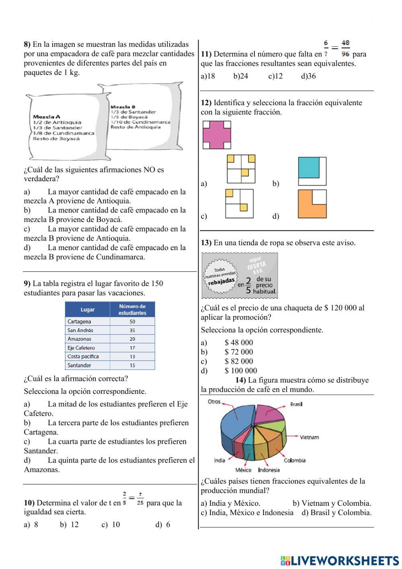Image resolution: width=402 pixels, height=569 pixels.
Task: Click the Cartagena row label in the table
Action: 79,321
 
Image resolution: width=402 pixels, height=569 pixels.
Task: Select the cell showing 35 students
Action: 132,330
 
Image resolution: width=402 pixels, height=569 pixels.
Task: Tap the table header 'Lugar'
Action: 87,309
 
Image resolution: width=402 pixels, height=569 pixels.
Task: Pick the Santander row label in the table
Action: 79,365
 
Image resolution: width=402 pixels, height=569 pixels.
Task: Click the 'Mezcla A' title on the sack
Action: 46,116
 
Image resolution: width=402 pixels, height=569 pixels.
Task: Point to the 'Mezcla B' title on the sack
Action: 123,107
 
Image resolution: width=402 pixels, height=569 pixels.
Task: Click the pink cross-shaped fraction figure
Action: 217,135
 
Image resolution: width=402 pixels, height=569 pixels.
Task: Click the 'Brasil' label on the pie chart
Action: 296,404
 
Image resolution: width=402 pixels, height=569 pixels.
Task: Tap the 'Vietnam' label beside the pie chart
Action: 309,437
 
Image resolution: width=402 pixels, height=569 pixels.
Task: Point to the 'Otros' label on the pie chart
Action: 214,401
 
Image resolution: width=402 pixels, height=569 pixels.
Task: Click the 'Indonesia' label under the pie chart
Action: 269,470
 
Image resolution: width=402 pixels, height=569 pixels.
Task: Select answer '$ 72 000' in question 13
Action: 239,352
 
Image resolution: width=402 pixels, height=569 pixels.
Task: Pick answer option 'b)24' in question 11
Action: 241,76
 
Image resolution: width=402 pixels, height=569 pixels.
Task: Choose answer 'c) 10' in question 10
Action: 111,524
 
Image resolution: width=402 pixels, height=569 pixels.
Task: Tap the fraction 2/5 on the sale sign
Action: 248,285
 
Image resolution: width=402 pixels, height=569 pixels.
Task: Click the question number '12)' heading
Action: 206,103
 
